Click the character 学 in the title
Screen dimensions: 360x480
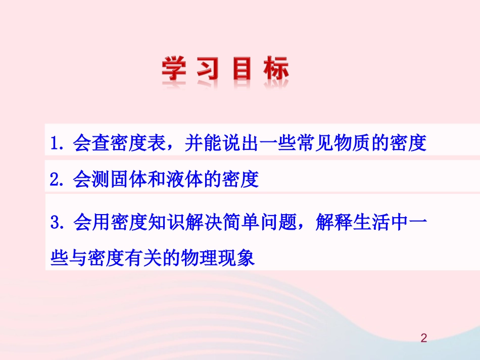(x=174, y=69)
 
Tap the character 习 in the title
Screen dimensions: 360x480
(x=208, y=69)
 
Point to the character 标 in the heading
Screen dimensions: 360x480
(x=275, y=69)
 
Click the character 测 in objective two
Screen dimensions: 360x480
(x=99, y=179)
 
